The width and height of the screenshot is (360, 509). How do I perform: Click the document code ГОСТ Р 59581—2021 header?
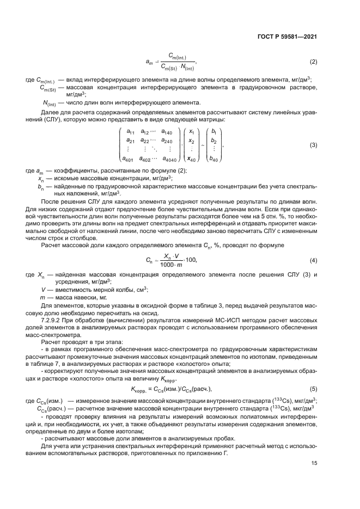(x=286, y=37)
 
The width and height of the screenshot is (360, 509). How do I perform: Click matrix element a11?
(x=130, y=131)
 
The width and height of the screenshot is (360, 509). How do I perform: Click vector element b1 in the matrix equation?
(x=213, y=131)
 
